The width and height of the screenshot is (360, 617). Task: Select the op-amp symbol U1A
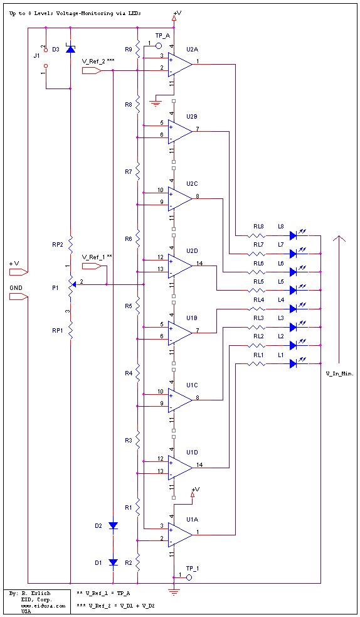coord(179,534)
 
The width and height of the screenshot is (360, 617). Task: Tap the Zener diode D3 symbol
coord(70,49)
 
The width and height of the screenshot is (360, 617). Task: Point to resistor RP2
coord(71,245)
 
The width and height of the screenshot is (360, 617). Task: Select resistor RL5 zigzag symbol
coord(257,291)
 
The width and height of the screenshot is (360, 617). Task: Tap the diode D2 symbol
coord(113,525)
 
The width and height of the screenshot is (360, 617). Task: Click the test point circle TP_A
coord(159,46)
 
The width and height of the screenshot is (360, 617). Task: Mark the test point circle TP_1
coord(189,577)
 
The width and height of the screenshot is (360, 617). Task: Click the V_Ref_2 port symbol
coord(92,70)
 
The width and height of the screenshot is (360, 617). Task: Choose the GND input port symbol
coord(18,297)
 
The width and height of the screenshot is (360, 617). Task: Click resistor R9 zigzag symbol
coord(137,48)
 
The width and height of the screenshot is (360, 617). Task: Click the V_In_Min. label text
coord(339,373)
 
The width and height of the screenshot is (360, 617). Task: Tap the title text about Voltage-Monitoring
coord(75,13)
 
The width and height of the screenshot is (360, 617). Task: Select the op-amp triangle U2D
coord(179,266)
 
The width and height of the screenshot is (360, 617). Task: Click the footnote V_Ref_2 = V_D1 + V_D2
coord(115,606)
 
